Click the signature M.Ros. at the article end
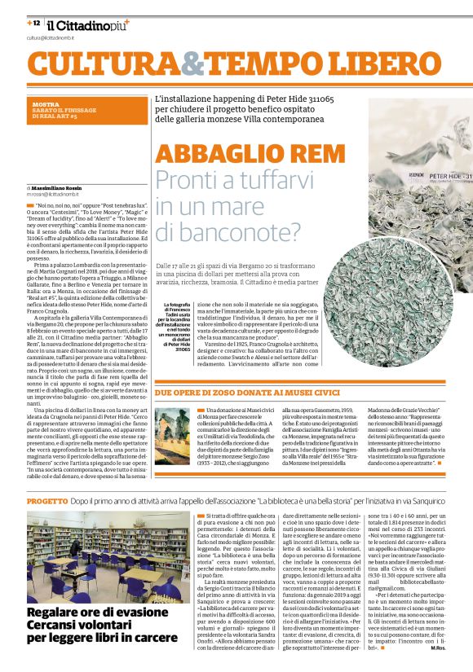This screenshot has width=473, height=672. tap(458, 648)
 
